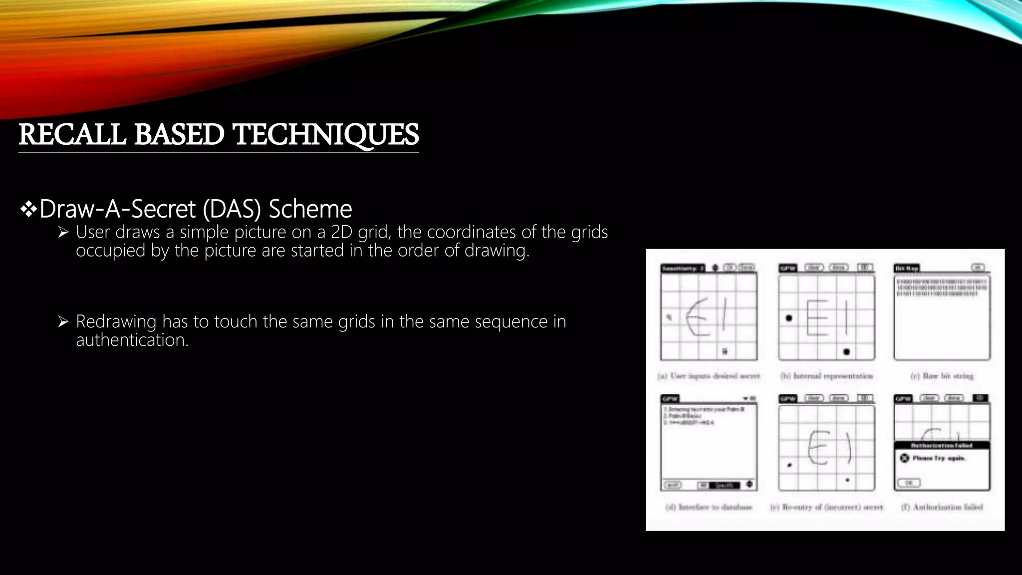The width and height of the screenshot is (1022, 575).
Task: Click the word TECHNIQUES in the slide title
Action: (x=326, y=135)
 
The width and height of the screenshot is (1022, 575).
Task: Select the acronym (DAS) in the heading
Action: (x=232, y=209)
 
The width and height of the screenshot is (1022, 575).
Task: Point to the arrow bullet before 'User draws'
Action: (x=63, y=232)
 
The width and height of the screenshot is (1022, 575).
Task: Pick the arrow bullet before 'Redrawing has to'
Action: (x=63, y=321)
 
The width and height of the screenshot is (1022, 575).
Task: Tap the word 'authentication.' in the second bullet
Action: (x=132, y=340)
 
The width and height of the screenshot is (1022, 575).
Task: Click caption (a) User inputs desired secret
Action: (x=709, y=376)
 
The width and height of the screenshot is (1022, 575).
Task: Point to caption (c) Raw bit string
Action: (x=942, y=376)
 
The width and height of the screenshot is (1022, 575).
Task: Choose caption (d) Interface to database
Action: (x=709, y=507)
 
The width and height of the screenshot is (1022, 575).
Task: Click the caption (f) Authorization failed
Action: (x=942, y=507)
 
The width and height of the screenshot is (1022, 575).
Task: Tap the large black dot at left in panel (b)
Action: (x=789, y=318)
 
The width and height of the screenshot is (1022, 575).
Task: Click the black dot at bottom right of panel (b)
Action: (x=846, y=352)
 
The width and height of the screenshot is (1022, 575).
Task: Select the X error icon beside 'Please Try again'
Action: (x=904, y=458)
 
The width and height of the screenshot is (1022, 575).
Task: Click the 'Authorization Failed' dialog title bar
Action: (x=942, y=445)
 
